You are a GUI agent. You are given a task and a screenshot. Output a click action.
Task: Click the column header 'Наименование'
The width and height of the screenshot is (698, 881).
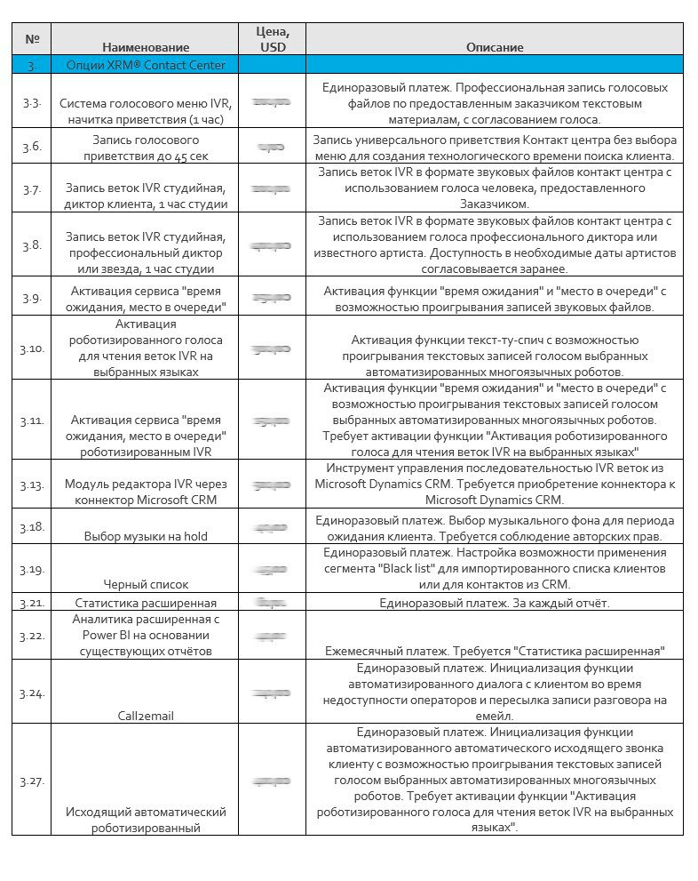[x=146, y=47]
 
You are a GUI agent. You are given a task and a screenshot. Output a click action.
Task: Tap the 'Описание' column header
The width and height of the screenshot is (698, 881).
[x=495, y=47]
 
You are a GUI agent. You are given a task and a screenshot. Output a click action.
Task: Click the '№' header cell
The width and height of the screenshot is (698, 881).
[x=32, y=39]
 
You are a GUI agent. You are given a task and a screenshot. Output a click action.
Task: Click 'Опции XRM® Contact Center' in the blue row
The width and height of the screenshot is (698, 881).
[x=146, y=65]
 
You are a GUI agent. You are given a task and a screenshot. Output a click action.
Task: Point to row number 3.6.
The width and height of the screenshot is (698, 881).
[x=32, y=146]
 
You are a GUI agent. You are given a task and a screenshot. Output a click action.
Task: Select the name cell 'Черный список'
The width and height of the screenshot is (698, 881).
[x=146, y=584]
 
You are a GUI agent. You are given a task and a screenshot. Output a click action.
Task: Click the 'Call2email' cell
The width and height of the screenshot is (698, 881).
[x=146, y=715]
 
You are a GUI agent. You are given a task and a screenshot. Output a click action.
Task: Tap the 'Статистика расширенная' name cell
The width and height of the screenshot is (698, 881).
[x=146, y=604]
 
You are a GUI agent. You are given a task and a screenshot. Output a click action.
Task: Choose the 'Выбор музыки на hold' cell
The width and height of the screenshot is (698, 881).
[x=146, y=536]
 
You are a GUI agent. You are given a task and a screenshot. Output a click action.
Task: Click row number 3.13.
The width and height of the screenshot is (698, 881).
[x=32, y=485]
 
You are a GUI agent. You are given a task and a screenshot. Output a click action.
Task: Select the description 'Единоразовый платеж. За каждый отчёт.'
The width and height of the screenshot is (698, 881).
[x=495, y=604]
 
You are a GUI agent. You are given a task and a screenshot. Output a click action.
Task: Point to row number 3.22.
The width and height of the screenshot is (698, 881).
[x=32, y=635]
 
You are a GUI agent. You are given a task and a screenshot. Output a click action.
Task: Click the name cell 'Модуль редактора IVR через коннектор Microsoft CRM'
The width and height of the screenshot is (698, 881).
[x=146, y=492]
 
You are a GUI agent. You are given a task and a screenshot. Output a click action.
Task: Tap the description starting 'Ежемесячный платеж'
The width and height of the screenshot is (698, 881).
[x=495, y=650]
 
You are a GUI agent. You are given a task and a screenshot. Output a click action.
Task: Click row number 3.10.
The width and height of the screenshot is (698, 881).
[x=32, y=348]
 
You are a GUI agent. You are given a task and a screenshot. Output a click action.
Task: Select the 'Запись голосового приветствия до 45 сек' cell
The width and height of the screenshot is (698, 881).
[x=146, y=147]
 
